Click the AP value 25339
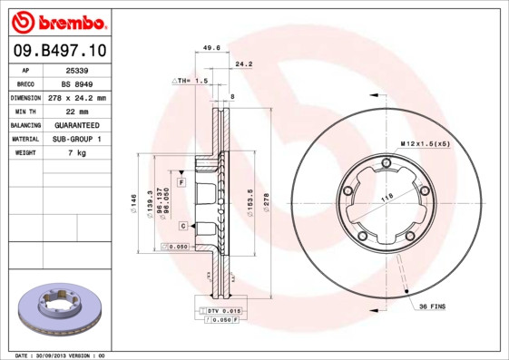click(77, 69)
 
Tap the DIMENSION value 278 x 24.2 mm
click(77, 97)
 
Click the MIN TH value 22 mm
click(77, 111)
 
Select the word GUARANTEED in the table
click(77, 124)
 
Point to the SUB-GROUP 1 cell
click(77, 139)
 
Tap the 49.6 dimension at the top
click(210, 49)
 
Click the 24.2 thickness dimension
click(243, 64)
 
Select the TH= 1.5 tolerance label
click(191, 81)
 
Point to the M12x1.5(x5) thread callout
click(426, 144)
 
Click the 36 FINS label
click(430, 306)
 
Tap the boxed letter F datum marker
click(181, 182)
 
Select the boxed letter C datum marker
click(182, 225)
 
